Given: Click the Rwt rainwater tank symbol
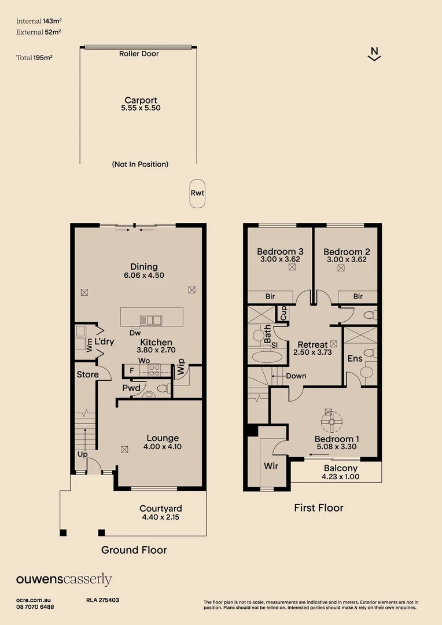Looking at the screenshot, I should [197, 193].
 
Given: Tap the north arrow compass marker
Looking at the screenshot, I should [374, 54].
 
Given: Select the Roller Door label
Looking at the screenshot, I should [139, 54].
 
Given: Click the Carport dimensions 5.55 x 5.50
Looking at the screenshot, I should [141, 108].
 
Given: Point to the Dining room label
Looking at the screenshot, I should [144, 267].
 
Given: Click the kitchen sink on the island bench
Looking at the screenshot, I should [154, 319].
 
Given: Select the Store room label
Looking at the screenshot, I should [88, 374].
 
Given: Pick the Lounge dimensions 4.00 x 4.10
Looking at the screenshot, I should [163, 447].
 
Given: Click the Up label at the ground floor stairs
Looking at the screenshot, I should [82, 455].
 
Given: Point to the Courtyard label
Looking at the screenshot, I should [160, 509].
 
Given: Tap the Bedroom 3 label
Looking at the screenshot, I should [280, 252].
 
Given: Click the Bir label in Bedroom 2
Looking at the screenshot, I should [358, 296].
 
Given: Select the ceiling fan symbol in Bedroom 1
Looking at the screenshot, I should [332, 422].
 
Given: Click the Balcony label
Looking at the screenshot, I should [340, 468].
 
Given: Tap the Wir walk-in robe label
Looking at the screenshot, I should [271, 465].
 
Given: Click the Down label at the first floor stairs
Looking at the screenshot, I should [296, 376].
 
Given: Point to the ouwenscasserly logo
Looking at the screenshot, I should [64, 579].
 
